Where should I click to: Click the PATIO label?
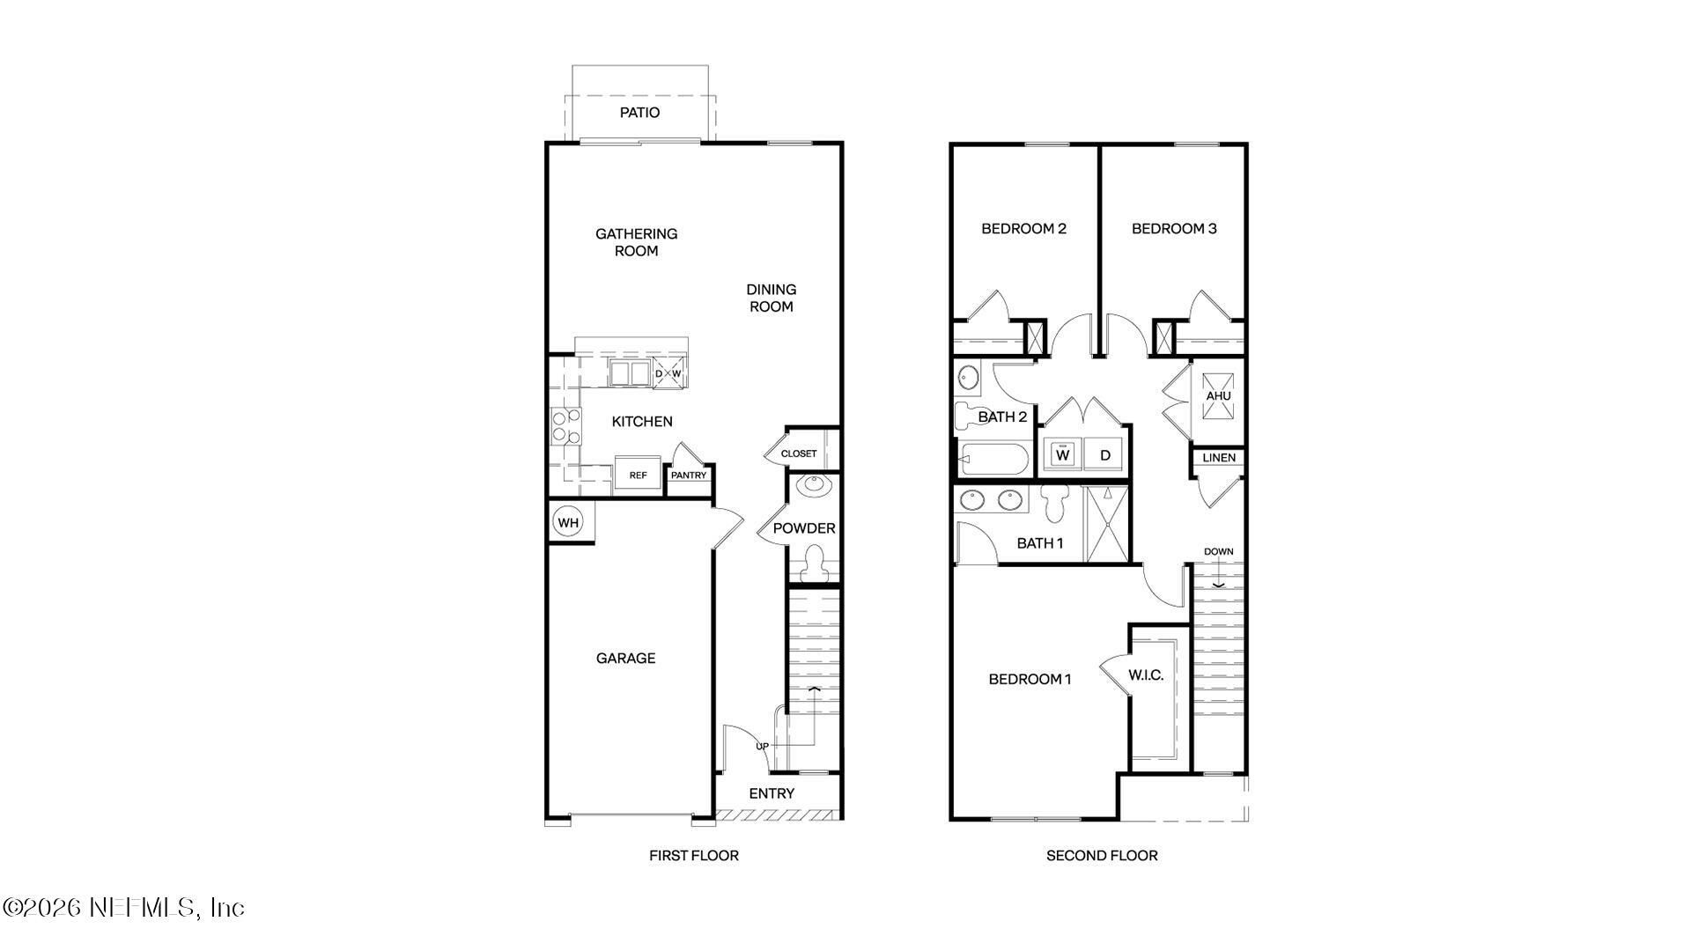tap(639, 113)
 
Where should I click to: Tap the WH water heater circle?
tap(568, 523)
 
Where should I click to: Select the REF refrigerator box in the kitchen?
tap(638, 475)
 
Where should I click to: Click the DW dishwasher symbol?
tap(668, 373)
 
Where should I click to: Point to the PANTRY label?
tap(689, 475)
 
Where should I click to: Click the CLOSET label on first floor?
tap(799, 453)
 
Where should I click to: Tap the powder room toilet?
tap(814, 562)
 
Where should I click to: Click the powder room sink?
tap(812, 485)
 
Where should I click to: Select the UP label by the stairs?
tap(762, 747)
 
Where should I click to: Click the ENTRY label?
tap(772, 793)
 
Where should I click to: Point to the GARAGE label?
tap(625, 658)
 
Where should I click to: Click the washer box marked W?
tap(1062, 455)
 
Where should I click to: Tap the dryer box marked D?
tap(1105, 455)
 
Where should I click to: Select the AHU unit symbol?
tap(1218, 395)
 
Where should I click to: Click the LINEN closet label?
tap(1219, 458)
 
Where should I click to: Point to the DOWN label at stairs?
tap(1219, 552)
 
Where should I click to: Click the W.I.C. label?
tap(1146, 675)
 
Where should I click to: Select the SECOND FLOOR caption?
tap(1102, 855)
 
